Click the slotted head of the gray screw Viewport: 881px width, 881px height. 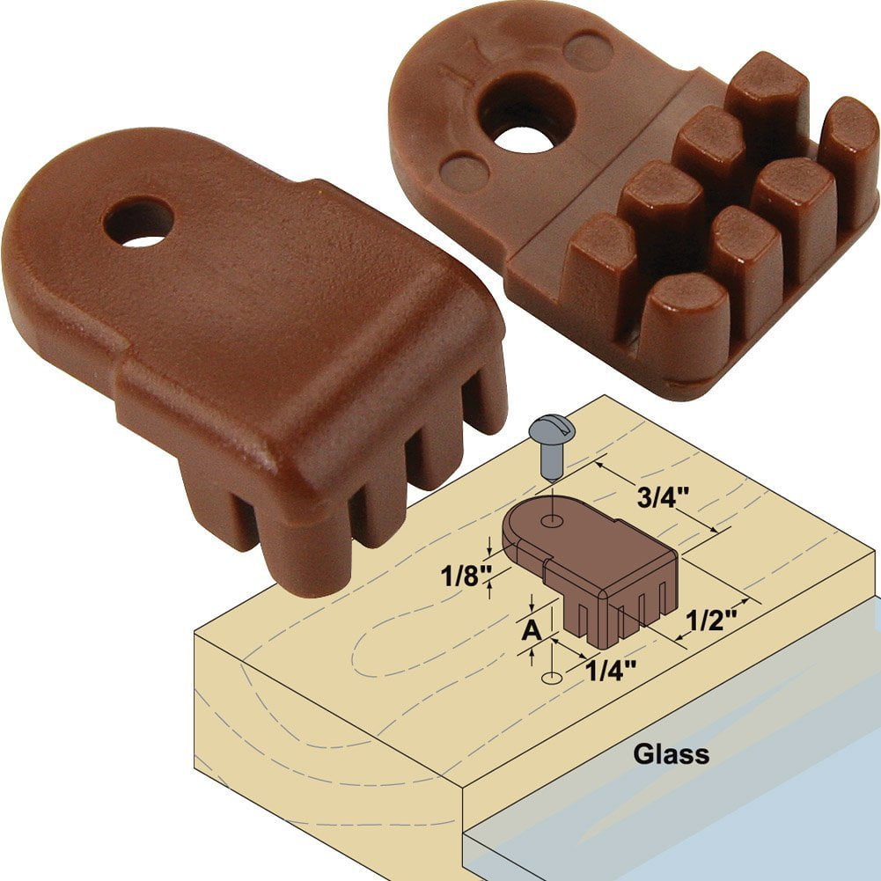(x=552, y=431)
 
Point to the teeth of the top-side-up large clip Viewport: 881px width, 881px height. (x=352, y=493)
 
